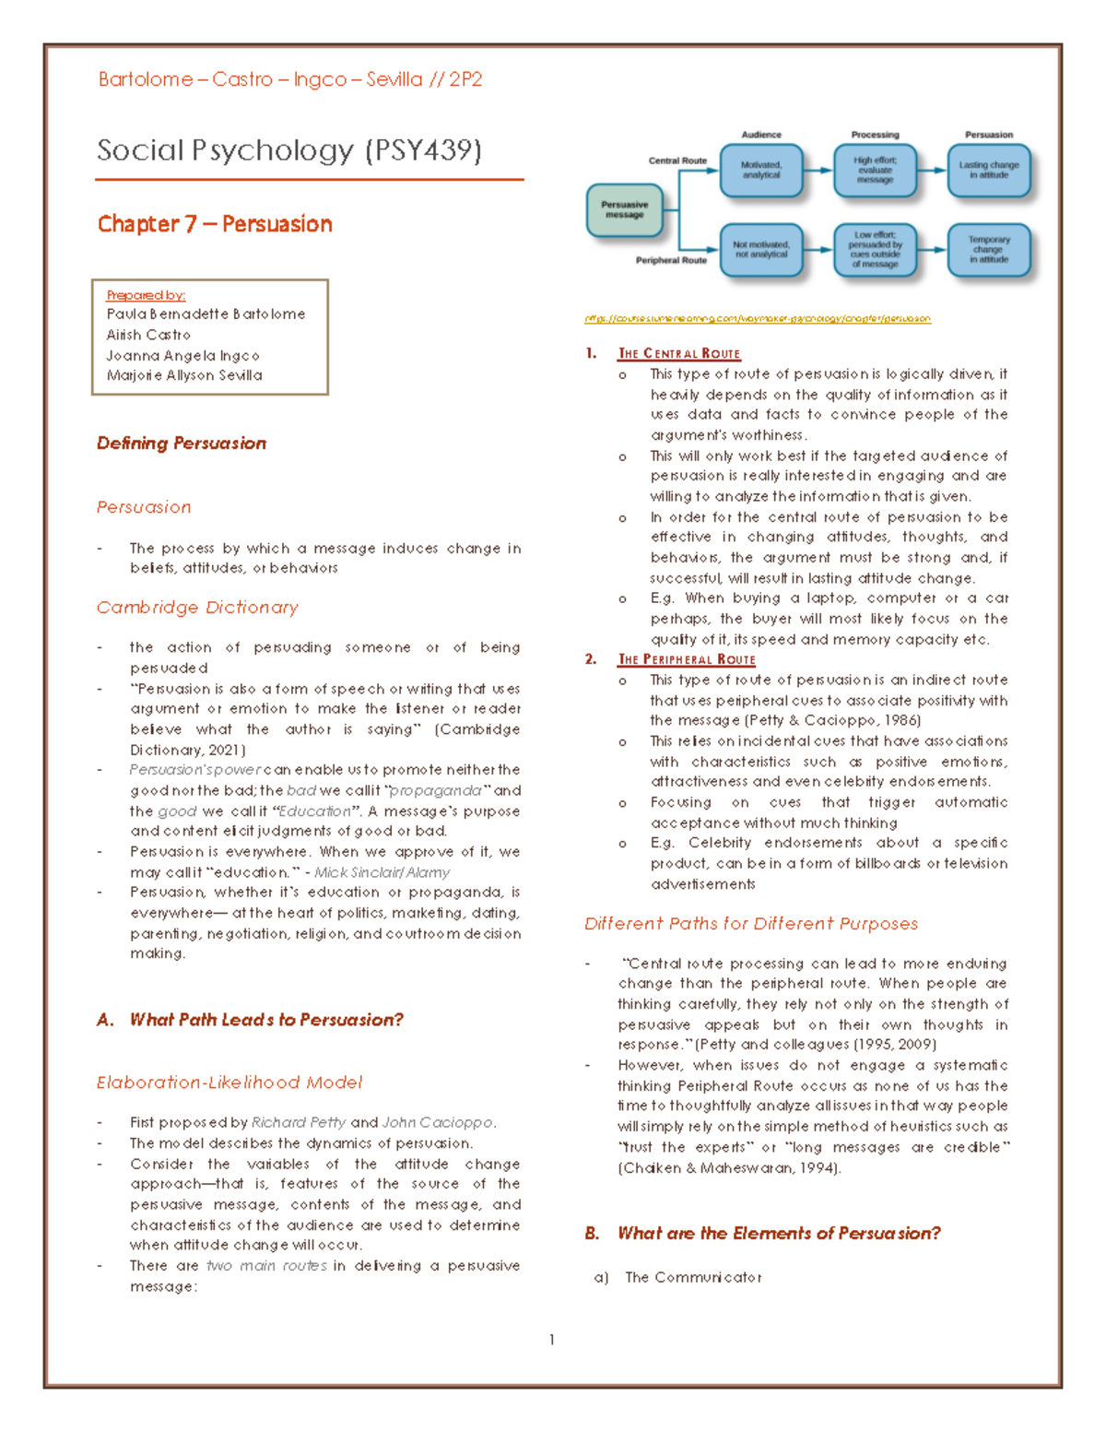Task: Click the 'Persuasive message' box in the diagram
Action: pos(624,210)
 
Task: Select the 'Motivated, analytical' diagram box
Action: pos(760,171)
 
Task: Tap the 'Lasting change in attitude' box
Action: pos(988,171)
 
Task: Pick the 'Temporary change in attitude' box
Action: pos(988,250)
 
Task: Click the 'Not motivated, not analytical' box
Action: pos(760,250)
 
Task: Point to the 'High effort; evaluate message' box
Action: pos(875,171)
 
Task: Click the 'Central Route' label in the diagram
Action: pos(677,160)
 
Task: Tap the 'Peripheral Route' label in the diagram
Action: pos(671,261)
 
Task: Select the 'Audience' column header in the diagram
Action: pos(761,135)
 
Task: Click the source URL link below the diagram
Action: pos(757,319)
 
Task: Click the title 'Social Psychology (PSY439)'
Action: pos(289,150)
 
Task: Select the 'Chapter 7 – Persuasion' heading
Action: pos(215,224)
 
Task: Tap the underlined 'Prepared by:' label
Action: pos(146,295)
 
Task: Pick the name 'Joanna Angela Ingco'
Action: pos(182,355)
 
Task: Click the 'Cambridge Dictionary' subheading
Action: pos(197,608)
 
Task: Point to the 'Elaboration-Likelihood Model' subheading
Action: pos(229,1083)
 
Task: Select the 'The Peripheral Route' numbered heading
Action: pos(687,660)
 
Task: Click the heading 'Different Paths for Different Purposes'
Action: pos(751,924)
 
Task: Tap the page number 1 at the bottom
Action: pos(551,1340)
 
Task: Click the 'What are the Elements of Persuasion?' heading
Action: pos(779,1234)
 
